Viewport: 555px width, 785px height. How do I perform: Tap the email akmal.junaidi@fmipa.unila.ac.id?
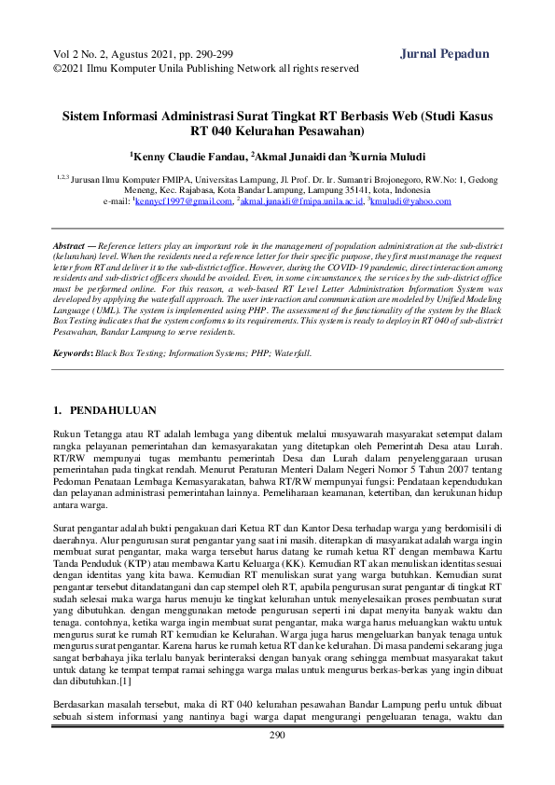(x=301, y=200)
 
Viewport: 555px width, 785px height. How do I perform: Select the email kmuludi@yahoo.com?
(x=410, y=200)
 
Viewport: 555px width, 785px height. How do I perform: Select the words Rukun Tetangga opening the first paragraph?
(x=85, y=434)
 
